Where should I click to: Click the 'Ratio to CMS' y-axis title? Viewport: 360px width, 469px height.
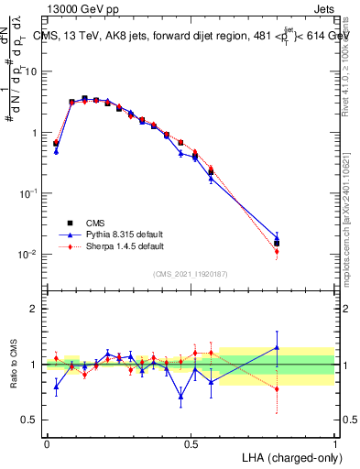[14, 376]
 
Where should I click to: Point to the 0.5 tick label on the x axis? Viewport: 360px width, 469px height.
[191, 443]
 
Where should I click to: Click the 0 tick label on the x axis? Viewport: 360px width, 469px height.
[47, 443]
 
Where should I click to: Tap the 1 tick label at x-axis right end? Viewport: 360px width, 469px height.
[334, 443]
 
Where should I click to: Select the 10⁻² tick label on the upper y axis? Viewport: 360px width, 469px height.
[27, 254]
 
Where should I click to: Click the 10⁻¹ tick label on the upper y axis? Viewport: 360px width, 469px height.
[27, 193]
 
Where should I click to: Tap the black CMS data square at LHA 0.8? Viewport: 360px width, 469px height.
[277, 244]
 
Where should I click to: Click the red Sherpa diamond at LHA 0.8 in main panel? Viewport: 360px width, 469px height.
[277, 251]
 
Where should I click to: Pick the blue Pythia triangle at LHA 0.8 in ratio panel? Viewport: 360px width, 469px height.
[277, 347]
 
